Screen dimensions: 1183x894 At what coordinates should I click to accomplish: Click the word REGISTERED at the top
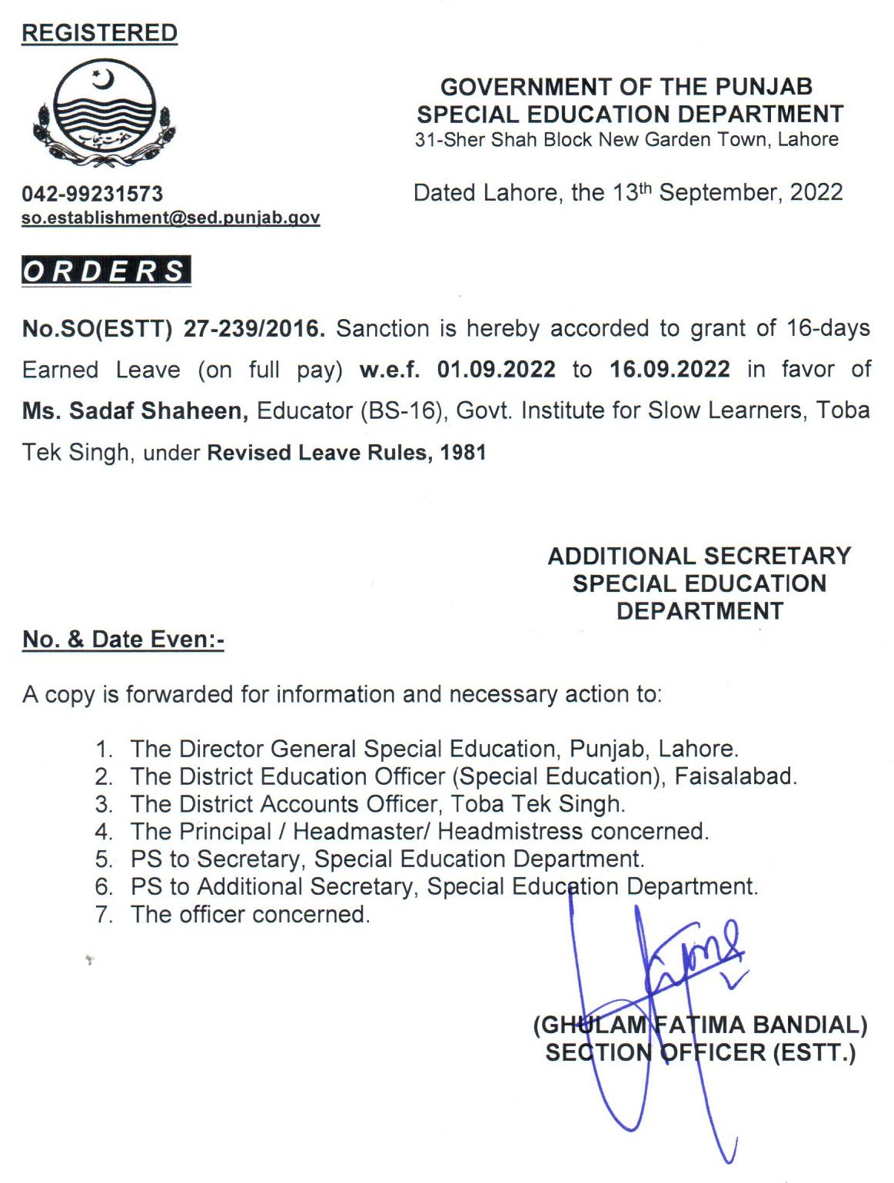[99, 33]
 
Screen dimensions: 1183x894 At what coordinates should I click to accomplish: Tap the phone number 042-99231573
[92, 194]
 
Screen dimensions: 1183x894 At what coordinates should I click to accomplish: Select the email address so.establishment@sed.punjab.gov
[171, 218]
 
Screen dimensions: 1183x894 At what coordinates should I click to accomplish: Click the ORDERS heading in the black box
[106, 271]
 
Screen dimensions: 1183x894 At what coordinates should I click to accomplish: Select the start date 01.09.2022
[496, 370]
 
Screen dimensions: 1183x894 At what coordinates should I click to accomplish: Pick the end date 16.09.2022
[670, 370]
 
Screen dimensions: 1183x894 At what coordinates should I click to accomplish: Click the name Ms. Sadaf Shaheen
[135, 410]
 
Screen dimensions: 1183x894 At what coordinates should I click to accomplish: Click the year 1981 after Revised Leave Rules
[464, 452]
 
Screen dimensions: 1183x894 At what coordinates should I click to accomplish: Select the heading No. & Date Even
[123, 640]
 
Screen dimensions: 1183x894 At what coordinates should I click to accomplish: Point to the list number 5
[104, 859]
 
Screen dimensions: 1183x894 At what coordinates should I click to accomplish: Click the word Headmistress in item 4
[510, 831]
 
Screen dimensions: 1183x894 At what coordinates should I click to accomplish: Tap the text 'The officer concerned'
[250, 914]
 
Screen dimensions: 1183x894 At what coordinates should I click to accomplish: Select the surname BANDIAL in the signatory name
[809, 1025]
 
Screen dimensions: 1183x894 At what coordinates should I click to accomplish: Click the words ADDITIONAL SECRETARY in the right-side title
[699, 556]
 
